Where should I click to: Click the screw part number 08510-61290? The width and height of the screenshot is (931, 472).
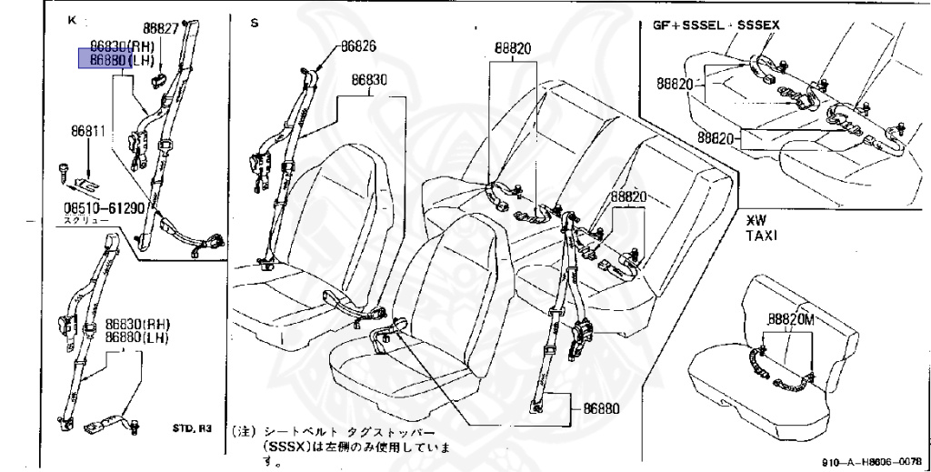[x=104, y=208]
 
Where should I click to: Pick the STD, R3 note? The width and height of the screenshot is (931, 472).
[x=191, y=427]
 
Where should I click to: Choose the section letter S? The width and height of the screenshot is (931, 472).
[x=255, y=22]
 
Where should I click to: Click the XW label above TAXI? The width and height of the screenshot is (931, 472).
[x=756, y=220]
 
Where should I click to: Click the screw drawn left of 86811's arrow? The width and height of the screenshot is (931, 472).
[x=66, y=166]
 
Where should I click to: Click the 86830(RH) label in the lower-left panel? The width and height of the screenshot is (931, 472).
[x=137, y=324]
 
